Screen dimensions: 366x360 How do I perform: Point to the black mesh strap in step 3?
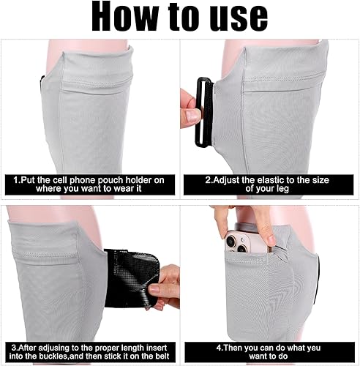tap(132, 275)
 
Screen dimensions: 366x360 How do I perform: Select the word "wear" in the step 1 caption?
tap(104, 188)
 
